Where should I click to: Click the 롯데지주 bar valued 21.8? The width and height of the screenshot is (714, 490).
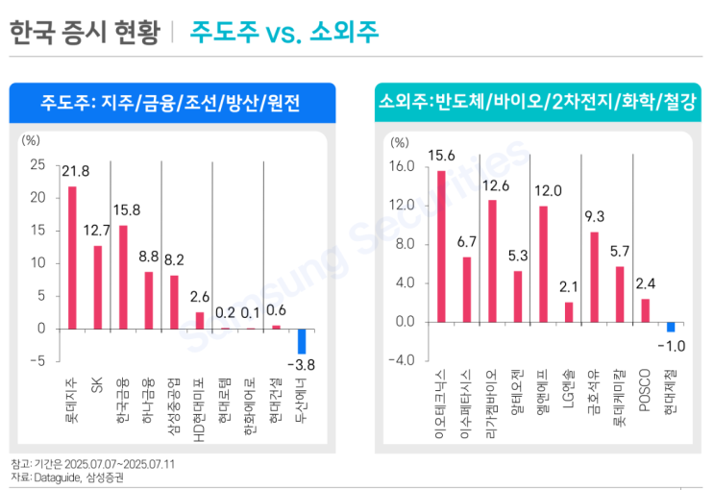[x=72, y=257]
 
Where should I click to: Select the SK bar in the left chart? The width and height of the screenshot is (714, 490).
[x=97, y=287]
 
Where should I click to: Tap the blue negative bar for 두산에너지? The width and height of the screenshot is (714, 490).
[x=302, y=341]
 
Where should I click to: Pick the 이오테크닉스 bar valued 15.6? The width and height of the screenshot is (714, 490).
[x=441, y=246]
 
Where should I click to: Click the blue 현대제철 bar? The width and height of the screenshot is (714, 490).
[x=671, y=327]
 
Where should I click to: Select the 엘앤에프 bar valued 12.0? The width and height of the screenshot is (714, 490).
[x=544, y=263]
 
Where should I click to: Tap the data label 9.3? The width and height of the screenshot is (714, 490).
[x=594, y=216]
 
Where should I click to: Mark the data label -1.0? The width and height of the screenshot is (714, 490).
[x=671, y=345]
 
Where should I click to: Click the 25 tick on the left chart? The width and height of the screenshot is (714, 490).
[x=37, y=164]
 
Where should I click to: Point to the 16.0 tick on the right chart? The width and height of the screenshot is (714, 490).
[x=402, y=167]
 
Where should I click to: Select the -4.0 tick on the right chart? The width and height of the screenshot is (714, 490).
[x=402, y=360]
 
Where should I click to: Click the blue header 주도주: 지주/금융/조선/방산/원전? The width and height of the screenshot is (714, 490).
[x=172, y=102]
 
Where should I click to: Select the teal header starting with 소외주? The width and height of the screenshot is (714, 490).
[x=536, y=102]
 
